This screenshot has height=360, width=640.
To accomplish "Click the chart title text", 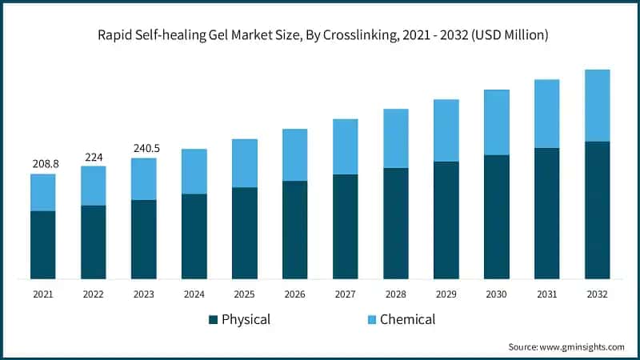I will coord(320,34).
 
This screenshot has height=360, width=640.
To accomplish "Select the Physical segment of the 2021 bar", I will coord(43,245).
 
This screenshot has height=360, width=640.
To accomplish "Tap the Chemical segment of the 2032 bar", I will coord(597,106).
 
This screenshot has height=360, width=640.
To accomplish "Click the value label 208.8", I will coord(43,163).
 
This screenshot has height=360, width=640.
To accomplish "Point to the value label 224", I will coord(93,156).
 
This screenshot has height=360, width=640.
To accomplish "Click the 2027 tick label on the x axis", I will coord(345,294).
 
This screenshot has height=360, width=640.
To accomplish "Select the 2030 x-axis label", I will coord(496,294).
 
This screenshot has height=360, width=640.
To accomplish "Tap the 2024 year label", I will coord(194,294).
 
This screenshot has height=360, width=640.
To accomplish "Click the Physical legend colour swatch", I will coord(213,320).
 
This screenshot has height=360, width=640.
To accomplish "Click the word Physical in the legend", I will coord(246,320).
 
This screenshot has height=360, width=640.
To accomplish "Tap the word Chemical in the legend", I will coord(407,320).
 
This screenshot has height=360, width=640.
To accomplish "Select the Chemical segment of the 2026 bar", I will coord(294,155).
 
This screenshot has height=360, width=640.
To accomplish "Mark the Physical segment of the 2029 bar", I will coord(446,220).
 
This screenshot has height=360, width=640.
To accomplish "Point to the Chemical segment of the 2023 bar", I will coord(144,179).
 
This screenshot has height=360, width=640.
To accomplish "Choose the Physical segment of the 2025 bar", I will coord(244,233).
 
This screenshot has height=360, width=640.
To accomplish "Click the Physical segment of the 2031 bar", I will coord(546,214).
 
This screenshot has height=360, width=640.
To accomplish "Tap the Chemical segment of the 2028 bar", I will coord(395,138).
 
